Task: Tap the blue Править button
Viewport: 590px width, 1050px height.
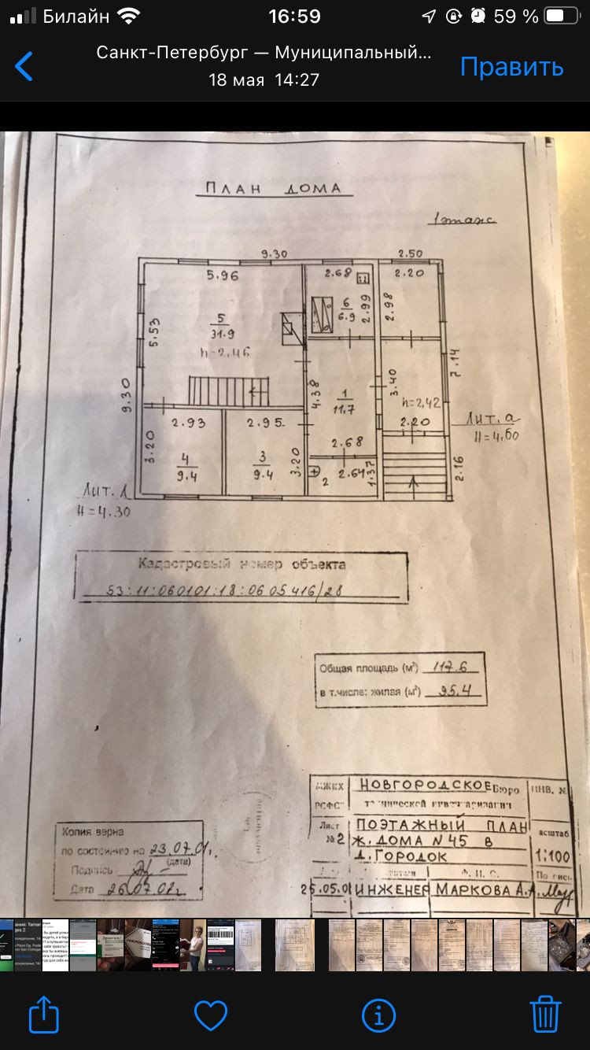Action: click(x=511, y=67)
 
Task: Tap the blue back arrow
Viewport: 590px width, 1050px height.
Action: click(x=24, y=67)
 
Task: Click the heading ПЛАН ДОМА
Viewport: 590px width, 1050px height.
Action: click(x=273, y=188)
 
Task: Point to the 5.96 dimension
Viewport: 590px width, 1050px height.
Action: click(x=223, y=275)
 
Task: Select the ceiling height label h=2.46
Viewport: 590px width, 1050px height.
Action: click(x=224, y=353)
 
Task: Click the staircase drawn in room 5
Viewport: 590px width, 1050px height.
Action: click(x=228, y=390)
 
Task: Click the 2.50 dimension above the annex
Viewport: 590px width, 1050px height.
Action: click(x=411, y=253)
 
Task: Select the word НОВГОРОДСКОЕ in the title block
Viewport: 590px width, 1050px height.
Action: click(x=425, y=785)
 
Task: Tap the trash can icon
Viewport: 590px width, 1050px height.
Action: click(x=544, y=1015)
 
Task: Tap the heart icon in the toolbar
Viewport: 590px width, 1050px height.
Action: click(x=211, y=1015)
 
